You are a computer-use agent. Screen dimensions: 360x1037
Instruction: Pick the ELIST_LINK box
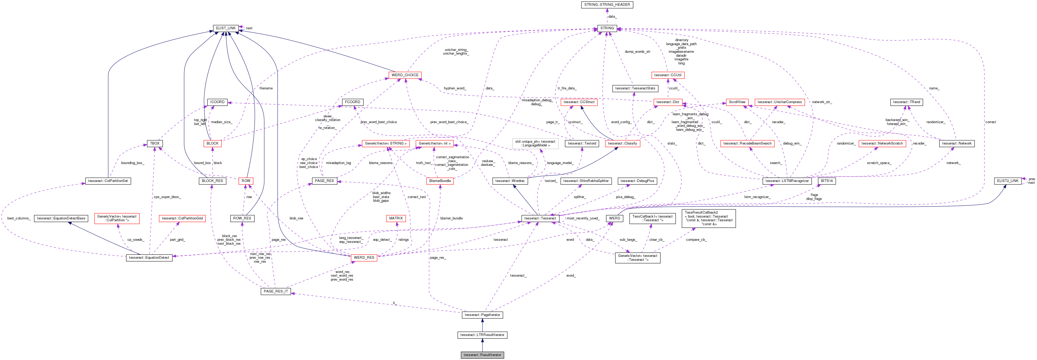(x=226, y=28)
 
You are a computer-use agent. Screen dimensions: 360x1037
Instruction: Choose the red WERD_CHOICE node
(x=405, y=75)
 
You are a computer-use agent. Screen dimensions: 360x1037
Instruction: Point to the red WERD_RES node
(x=364, y=258)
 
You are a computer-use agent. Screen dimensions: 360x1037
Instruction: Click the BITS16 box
(x=827, y=181)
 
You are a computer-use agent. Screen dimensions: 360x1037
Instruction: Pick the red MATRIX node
(x=396, y=218)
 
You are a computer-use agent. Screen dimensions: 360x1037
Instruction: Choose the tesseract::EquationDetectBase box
(x=61, y=218)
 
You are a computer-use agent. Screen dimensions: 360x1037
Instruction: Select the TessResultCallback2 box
(x=709, y=218)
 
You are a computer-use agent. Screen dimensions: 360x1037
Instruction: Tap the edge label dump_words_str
(x=637, y=51)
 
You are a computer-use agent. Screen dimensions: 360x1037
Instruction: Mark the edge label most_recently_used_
(x=583, y=218)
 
